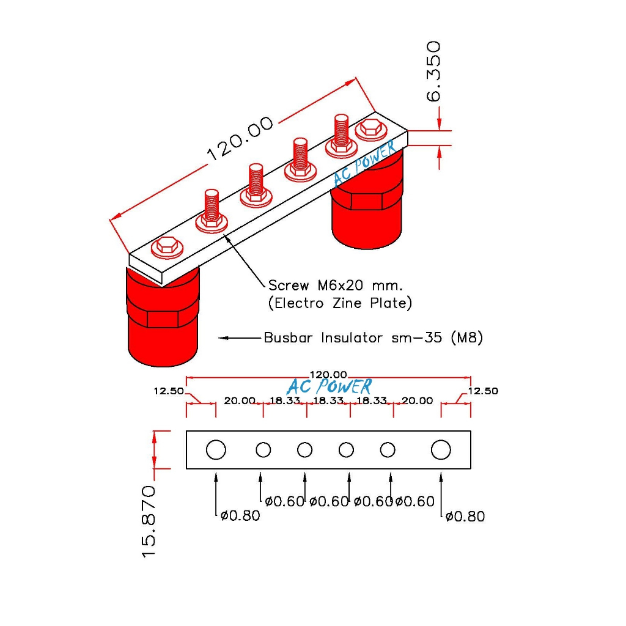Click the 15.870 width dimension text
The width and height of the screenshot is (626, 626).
(149, 521)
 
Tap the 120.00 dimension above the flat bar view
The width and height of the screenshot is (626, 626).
(328, 374)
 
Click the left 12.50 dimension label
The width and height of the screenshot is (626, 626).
(169, 391)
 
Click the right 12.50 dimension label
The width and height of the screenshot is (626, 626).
(483, 391)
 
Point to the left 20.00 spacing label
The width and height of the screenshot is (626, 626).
(239, 401)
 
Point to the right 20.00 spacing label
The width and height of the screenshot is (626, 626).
(416, 401)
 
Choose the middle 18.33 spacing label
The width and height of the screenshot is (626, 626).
(328, 401)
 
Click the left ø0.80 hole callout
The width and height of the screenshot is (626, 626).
(240, 516)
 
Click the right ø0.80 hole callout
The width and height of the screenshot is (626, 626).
(465, 517)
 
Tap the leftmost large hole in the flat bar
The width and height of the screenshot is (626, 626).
(216, 450)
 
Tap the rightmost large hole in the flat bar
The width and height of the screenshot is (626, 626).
(441, 450)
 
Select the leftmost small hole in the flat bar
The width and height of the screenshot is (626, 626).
(263, 450)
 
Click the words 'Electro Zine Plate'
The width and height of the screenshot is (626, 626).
(341, 303)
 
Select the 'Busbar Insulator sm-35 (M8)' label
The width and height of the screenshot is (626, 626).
(373, 337)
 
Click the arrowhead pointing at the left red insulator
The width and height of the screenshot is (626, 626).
(224, 337)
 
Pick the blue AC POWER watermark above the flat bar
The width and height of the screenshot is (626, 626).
(328, 387)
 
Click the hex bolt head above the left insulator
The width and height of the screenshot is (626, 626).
(166, 246)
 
